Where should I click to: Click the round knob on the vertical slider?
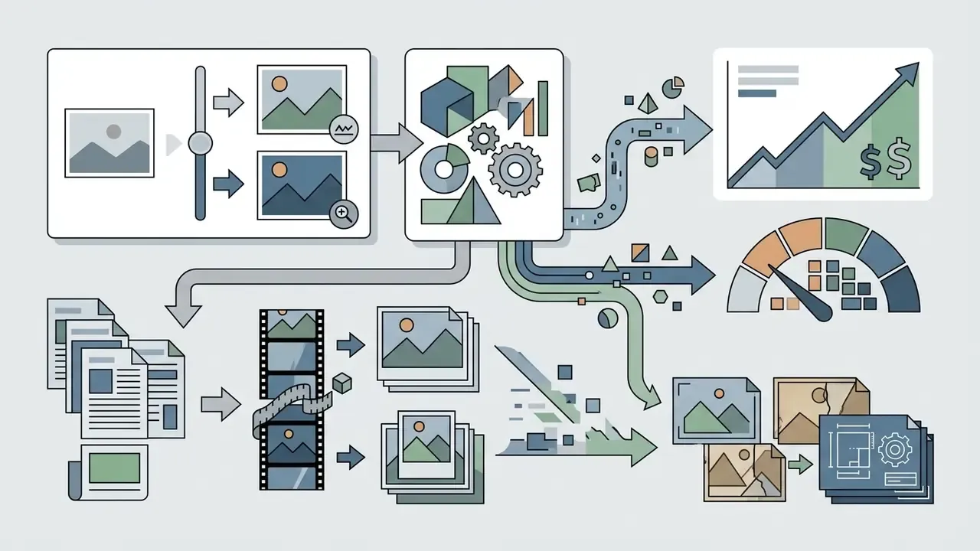click(201, 143)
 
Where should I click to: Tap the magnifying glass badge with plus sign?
click(344, 214)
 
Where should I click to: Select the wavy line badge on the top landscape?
click(344, 129)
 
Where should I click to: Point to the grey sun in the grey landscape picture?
click(114, 131)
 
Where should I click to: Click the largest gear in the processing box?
click(515, 170)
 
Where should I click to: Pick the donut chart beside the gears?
click(444, 169)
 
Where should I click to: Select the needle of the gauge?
click(802, 294)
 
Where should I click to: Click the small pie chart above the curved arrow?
click(673, 87)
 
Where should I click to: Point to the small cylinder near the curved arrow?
click(651, 157)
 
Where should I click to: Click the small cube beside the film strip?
click(342, 383)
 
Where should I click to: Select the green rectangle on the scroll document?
click(115, 468)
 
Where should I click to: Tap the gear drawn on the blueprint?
click(895, 449)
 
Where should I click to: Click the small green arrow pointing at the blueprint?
click(800, 464)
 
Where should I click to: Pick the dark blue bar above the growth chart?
click(757, 93)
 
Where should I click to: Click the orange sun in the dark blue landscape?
click(279, 170)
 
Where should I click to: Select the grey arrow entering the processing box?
click(397, 143)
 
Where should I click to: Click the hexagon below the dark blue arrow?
click(660, 297)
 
